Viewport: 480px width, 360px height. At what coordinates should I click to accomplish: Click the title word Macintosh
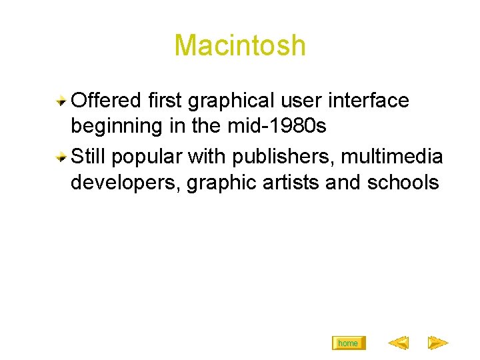click(240, 46)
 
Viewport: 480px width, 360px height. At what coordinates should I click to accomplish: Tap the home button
click(348, 343)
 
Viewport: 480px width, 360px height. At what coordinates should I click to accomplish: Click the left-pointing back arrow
click(399, 343)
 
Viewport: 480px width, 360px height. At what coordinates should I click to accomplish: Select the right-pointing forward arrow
click(437, 343)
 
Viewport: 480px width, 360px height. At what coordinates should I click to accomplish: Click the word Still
click(88, 157)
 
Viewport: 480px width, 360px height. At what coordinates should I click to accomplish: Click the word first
click(166, 101)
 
